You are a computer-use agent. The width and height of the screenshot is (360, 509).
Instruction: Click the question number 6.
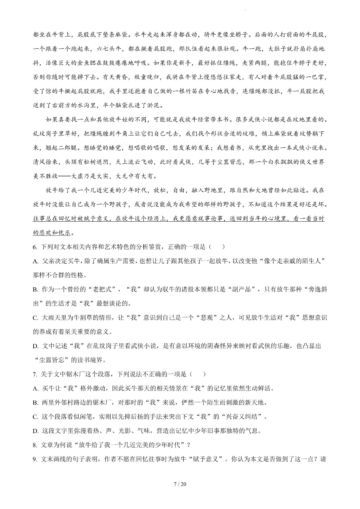(34, 247)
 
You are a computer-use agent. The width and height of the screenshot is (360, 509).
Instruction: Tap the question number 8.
(34, 445)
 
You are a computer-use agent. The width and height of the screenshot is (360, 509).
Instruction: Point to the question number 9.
(34, 459)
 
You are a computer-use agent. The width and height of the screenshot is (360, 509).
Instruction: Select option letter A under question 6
(35, 261)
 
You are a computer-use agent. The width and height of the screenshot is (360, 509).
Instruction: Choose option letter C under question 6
(35, 318)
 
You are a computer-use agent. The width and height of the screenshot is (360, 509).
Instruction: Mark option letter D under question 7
(35, 431)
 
